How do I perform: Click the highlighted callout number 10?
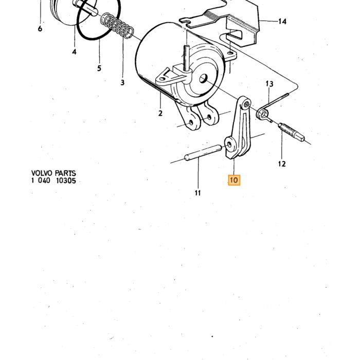[x=234, y=180]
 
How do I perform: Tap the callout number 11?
[x=197, y=193]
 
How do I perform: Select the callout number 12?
[x=282, y=164]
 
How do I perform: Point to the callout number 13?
[x=269, y=84]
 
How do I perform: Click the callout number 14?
[x=282, y=22]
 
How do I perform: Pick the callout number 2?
[x=160, y=113]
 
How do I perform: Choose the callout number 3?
[x=122, y=82]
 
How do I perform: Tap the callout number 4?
[x=74, y=52]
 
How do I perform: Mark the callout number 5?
[x=99, y=68]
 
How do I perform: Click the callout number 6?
[x=40, y=29]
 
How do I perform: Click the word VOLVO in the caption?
[x=41, y=173]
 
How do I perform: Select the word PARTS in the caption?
[x=65, y=173]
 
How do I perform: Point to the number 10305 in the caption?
[x=66, y=181]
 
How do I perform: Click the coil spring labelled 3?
[x=117, y=26]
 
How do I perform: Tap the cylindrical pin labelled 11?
[x=203, y=152]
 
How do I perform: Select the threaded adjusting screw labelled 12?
[x=292, y=132]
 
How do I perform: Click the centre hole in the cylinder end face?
[x=203, y=79]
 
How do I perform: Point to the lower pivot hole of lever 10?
[x=229, y=145]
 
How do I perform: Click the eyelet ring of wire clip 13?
[x=262, y=114]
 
